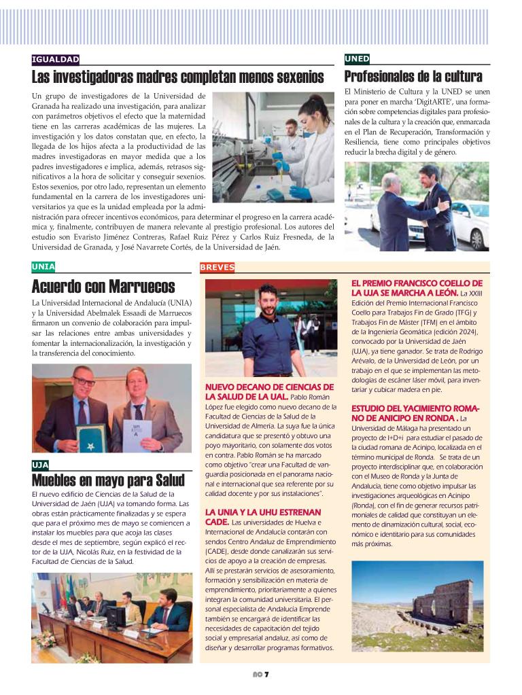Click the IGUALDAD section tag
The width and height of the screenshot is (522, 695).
click(56, 60)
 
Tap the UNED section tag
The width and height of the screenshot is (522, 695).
click(357, 59)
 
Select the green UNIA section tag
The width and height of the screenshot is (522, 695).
click(43, 266)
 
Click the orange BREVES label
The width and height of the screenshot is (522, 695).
click(217, 267)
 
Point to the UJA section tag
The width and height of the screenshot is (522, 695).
click(40, 465)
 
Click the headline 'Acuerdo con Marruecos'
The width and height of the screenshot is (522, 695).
click(103, 286)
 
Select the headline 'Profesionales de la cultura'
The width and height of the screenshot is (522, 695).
click(413, 76)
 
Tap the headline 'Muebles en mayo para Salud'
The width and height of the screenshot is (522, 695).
click(108, 481)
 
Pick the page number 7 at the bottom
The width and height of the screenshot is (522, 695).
click(267, 674)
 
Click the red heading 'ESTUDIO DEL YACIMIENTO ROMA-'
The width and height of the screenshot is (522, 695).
click(416, 408)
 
